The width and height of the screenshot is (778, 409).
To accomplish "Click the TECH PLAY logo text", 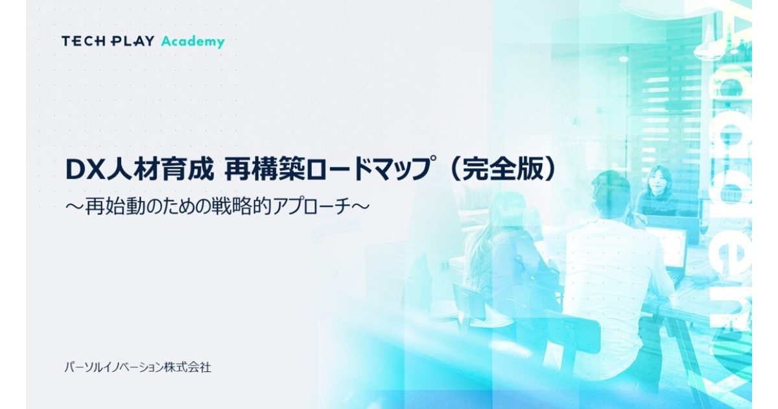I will click(x=108, y=42).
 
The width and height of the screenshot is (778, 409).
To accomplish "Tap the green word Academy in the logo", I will click(x=193, y=42).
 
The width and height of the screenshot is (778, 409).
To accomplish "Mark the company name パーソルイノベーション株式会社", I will click(x=137, y=367).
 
